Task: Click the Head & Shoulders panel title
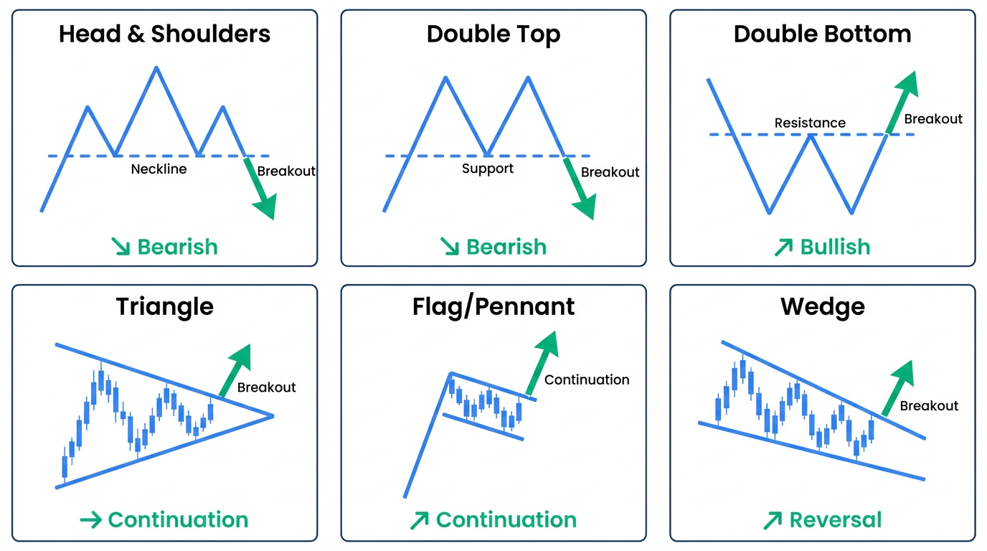pyautogui.click(x=164, y=34)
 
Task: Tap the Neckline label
pyautogui.click(x=159, y=169)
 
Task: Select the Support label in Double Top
pyautogui.click(x=488, y=169)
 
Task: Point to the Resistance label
pyautogui.click(x=810, y=123)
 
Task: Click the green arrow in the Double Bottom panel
pyautogui.click(x=903, y=100)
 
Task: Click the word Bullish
pyautogui.click(x=835, y=247)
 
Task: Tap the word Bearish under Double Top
pyautogui.click(x=506, y=247)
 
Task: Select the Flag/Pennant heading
pyautogui.click(x=493, y=306)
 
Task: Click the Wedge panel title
pyautogui.click(x=822, y=306)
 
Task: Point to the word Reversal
pyautogui.click(x=835, y=519)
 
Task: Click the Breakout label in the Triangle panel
pyautogui.click(x=266, y=387)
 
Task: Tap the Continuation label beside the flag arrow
pyautogui.click(x=587, y=380)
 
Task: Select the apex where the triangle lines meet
pyautogui.click(x=273, y=415)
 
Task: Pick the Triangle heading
pyautogui.click(x=164, y=306)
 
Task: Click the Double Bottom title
pyautogui.click(x=822, y=34)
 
